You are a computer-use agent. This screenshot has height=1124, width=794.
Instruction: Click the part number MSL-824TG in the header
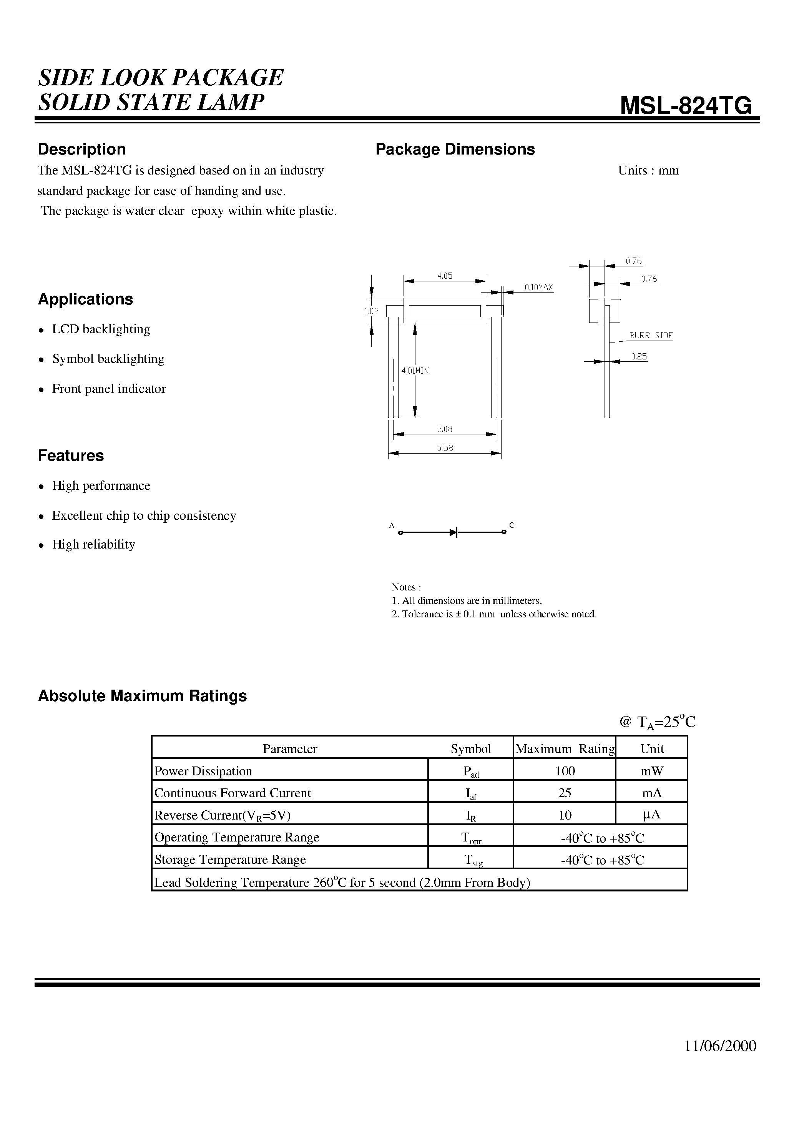pyautogui.click(x=685, y=105)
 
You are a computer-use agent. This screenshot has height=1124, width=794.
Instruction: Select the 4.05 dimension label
pyautogui.click(x=445, y=276)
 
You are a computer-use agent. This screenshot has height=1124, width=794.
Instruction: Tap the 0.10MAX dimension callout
pyautogui.click(x=538, y=288)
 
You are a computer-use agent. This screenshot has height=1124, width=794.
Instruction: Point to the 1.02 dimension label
pyautogui.click(x=371, y=311)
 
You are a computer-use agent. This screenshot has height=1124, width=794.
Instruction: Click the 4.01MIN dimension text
pyautogui.click(x=415, y=371)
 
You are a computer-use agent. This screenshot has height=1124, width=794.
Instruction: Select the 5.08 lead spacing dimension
pyautogui.click(x=445, y=429)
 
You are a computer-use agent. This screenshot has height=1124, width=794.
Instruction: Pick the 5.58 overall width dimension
pyautogui.click(x=445, y=448)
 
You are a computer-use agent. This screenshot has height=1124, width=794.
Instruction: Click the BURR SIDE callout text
pyautogui.click(x=651, y=335)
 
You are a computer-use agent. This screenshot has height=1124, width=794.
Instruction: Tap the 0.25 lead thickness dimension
pyautogui.click(x=639, y=357)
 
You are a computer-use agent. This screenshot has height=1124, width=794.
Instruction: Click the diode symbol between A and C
pyautogui.click(x=453, y=532)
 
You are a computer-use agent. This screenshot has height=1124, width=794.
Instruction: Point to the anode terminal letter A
pyautogui.click(x=392, y=525)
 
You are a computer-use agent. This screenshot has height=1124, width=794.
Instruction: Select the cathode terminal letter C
pyautogui.click(x=512, y=525)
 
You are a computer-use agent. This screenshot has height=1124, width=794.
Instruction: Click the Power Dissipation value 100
pyautogui.click(x=565, y=771)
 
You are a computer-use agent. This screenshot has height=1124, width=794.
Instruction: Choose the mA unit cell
pyautogui.click(x=651, y=793)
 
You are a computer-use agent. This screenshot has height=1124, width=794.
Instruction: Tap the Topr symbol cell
pyautogui.click(x=471, y=838)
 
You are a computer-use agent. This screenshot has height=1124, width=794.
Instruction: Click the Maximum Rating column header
pyautogui.click(x=565, y=749)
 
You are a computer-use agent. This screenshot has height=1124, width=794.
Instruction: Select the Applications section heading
pyautogui.click(x=86, y=299)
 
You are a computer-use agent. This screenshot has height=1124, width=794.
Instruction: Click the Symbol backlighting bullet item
pyautogui.click(x=108, y=359)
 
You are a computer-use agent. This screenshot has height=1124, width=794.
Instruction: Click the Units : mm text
pyautogui.click(x=648, y=170)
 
